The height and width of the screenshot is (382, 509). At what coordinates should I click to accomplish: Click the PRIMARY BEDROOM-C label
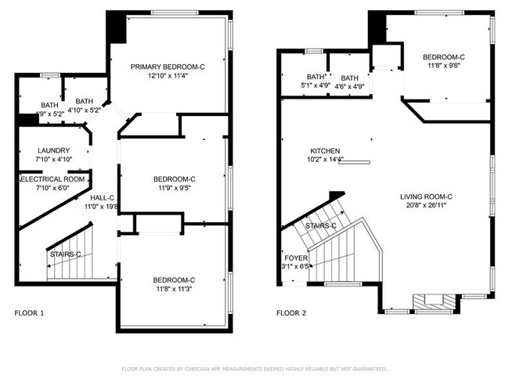coord(168,67)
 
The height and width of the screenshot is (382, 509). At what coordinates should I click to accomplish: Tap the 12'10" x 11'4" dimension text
coord(168,77)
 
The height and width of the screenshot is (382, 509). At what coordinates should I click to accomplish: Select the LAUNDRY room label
coord(54,151)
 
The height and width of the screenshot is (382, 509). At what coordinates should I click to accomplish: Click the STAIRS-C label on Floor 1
coord(65,254)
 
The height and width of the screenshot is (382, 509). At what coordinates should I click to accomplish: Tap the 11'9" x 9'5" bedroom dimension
coord(175,189)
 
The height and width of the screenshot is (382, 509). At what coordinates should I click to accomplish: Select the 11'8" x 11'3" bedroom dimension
coord(175,290)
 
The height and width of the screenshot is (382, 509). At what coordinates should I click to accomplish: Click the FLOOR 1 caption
coord(30,313)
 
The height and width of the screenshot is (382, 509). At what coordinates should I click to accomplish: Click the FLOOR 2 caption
coord(291,313)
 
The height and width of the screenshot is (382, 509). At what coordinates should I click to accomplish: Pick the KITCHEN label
coord(325,150)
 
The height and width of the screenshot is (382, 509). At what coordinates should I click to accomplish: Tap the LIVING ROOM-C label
coord(427,196)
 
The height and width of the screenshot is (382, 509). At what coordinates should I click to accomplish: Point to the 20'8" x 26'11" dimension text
coord(427,206)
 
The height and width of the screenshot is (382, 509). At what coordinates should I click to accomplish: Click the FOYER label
coord(295,257)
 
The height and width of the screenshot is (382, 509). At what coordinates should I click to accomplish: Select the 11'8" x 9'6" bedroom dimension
coord(444,67)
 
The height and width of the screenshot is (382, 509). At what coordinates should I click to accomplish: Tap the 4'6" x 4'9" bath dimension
coord(349,87)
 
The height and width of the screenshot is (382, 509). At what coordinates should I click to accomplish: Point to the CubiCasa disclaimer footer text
coord(254,368)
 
